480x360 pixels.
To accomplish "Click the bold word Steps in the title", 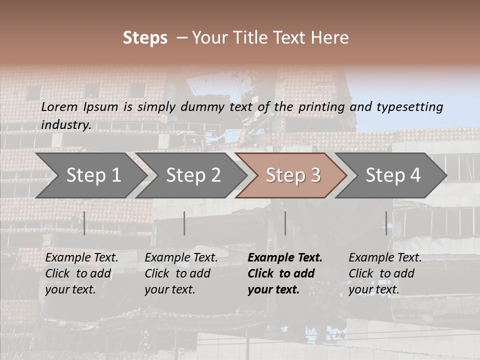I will click(145, 38).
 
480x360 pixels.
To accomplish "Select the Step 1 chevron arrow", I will click(90, 175).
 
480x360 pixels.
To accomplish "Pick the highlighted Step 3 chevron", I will click(291, 175).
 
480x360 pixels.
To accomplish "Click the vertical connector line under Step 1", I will click(84, 223).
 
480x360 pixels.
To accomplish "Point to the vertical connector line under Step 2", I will click(184, 223).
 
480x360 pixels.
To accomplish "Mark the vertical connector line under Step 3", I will click(285, 223).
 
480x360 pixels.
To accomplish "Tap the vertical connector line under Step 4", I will click(386, 223).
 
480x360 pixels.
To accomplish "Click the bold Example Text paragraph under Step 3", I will click(285, 273).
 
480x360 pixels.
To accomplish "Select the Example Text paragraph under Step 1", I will click(81, 273).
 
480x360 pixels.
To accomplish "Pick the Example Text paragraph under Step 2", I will click(181, 273).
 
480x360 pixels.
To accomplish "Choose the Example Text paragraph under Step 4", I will click(385, 273).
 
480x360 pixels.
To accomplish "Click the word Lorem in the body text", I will click(59, 107).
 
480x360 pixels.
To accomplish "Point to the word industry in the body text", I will click(66, 125).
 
